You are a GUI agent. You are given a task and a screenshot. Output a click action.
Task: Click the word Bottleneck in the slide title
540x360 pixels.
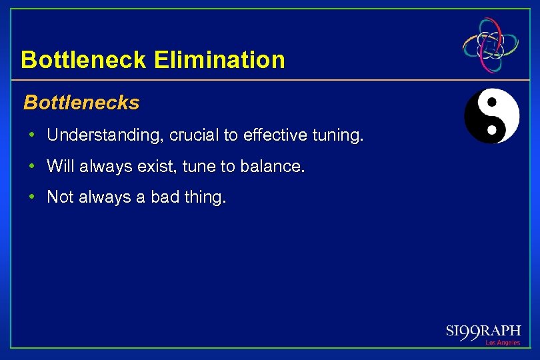84,60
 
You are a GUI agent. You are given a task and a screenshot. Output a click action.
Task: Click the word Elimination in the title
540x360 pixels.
219,60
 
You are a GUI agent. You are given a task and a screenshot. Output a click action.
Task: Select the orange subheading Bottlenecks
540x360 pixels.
81,103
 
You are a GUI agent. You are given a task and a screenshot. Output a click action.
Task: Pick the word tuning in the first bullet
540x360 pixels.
338,135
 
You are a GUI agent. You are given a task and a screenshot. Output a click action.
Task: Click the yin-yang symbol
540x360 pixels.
491,116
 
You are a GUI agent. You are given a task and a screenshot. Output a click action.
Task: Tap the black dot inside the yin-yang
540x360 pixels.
492,103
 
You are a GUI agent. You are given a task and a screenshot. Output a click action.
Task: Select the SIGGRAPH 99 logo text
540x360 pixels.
483,331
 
